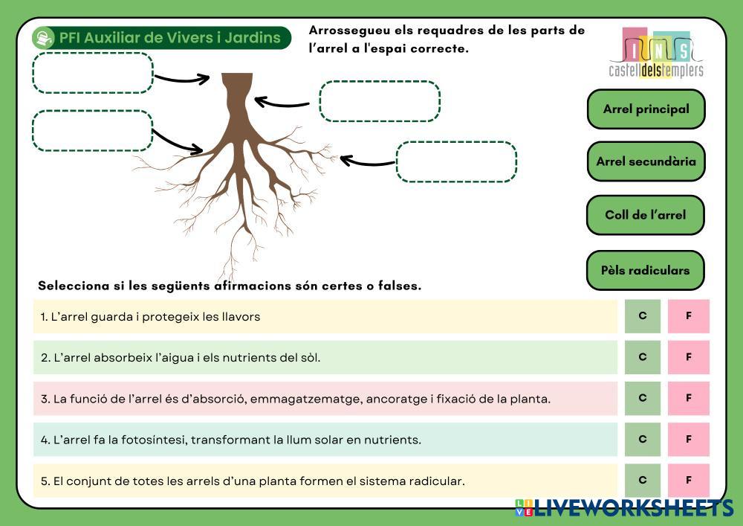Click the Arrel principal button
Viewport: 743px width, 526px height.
[646, 109]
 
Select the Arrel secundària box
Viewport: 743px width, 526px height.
[646, 161]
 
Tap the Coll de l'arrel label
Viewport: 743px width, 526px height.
[645, 215]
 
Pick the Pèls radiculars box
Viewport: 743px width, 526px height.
[645, 270]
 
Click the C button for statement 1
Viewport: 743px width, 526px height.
[643, 315]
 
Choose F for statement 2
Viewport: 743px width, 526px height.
[688, 357]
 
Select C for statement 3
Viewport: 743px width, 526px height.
[643, 398]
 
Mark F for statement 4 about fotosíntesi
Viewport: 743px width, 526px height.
[688, 439]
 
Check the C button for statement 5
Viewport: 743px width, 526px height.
[643, 480]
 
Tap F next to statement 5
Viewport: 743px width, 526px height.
[688, 480]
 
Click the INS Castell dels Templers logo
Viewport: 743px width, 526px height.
[655, 53]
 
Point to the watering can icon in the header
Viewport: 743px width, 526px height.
[45, 37]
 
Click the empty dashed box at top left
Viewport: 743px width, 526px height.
[92, 73]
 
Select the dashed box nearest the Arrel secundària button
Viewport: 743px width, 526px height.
[456, 161]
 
